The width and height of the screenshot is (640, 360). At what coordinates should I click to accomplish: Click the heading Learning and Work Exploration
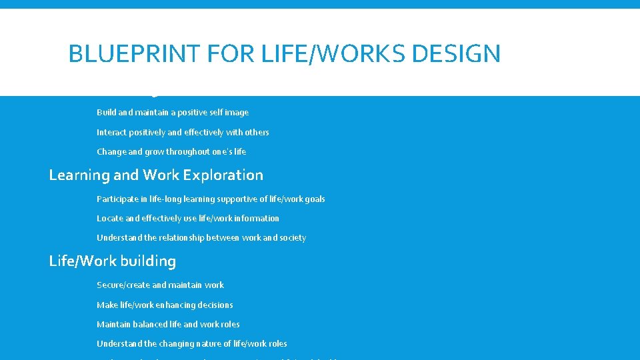(x=156, y=175)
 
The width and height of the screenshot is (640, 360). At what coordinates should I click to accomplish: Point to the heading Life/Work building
(x=112, y=261)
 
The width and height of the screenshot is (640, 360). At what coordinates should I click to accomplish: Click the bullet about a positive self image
(x=173, y=113)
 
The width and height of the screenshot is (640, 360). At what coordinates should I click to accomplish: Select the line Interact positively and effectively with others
(x=183, y=132)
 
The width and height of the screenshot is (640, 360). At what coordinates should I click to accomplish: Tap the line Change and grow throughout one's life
(x=171, y=151)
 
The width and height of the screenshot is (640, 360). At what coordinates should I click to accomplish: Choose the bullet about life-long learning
(x=211, y=199)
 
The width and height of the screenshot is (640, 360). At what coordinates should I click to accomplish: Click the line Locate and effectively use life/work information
(x=188, y=218)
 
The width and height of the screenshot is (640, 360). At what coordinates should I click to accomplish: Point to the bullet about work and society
(x=201, y=237)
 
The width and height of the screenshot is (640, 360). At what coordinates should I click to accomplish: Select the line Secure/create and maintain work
(x=160, y=285)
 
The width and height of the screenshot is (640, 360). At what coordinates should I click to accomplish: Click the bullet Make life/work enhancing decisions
(x=165, y=305)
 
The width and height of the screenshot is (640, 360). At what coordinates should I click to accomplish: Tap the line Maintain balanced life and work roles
(x=168, y=324)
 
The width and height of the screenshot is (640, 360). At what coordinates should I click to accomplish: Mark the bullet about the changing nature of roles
(x=192, y=343)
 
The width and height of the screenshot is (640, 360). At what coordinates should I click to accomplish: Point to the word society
(x=291, y=237)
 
